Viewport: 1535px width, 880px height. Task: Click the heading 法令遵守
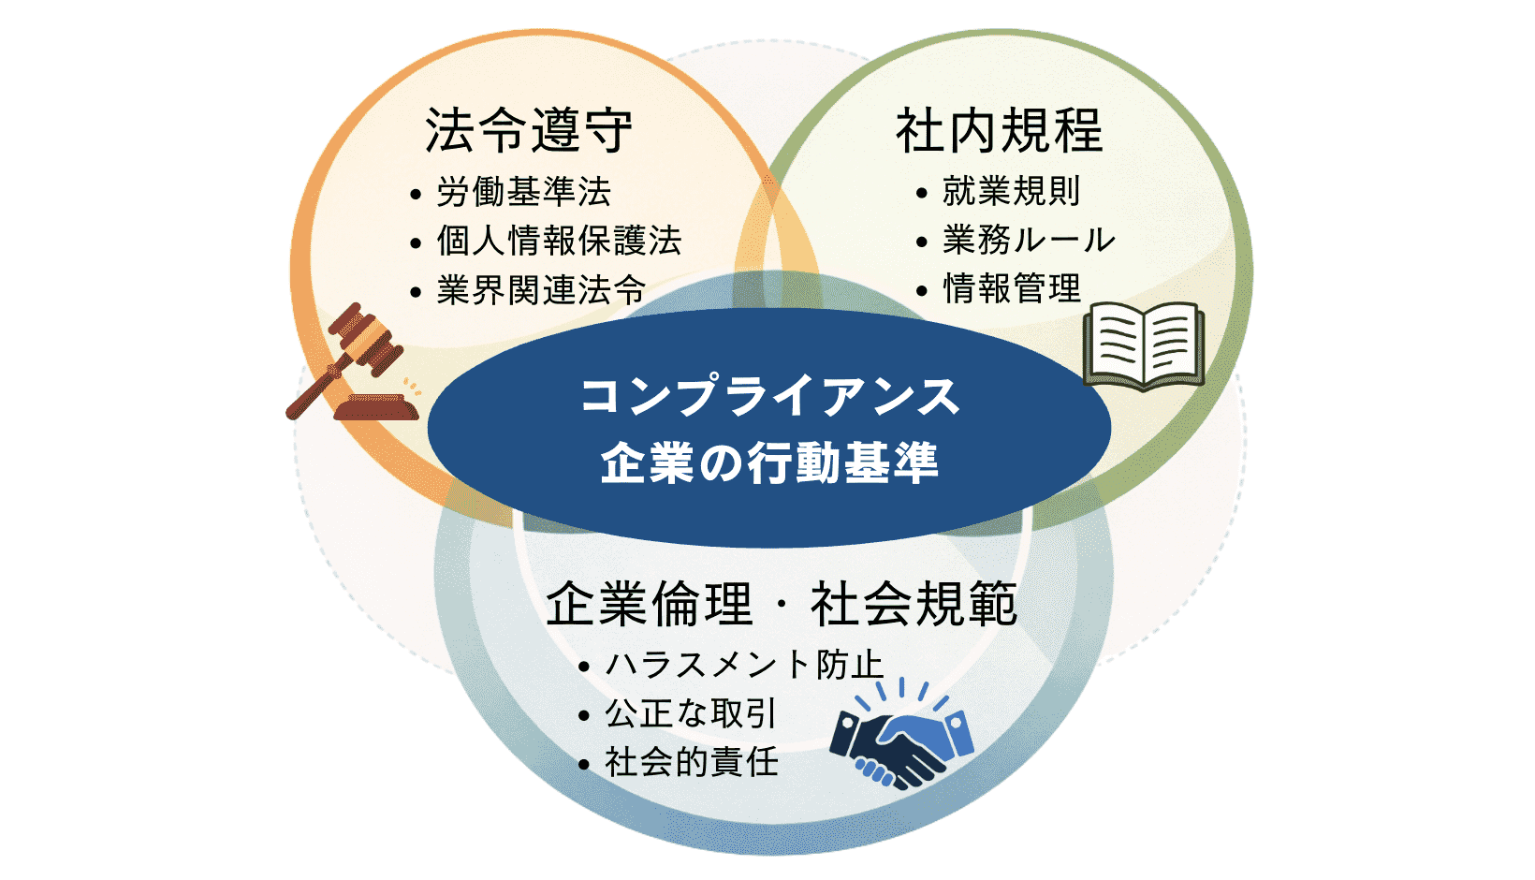pos(529,130)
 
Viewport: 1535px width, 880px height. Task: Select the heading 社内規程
pos(1000,130)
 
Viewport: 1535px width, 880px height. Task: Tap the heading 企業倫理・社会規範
pos(782,604)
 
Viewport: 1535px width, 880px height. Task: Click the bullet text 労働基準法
pos(523,193)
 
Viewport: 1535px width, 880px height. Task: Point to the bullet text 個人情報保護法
pos(559,242)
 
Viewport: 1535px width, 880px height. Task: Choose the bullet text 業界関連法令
pos(541,290)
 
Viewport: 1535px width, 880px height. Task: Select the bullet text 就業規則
pos(1011,192)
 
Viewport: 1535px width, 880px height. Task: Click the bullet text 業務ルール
pos(1029,241)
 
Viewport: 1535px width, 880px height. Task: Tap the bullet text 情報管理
pos(1011,289)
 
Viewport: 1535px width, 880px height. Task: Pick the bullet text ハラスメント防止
pos(744,666)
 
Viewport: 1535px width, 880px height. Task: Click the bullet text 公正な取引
pos(691,714)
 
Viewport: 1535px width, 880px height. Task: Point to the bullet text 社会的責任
pos(691,763)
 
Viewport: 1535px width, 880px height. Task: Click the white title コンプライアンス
pos(769,397)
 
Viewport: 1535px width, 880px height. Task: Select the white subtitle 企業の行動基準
pos(769,462)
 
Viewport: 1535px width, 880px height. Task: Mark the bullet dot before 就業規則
pos(922,194)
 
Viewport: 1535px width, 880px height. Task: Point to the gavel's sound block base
pos(376,408)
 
